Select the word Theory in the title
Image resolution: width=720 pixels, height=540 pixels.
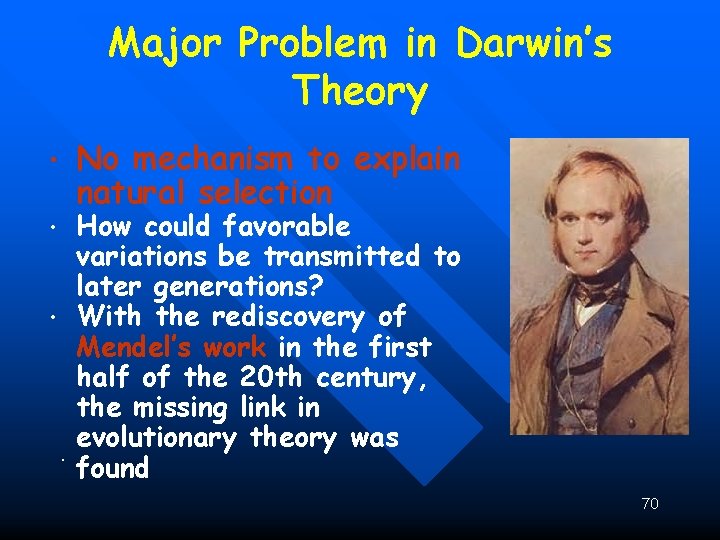tap(360, 93)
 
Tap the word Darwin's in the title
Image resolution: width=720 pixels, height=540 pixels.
tap(533, 44)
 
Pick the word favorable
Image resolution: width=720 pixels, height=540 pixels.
tap(287, 226)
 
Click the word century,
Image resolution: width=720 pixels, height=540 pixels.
tap(372, 377)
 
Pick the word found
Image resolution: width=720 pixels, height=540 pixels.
tap(113, 468)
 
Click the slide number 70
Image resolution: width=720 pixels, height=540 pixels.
tap(650, 504)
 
